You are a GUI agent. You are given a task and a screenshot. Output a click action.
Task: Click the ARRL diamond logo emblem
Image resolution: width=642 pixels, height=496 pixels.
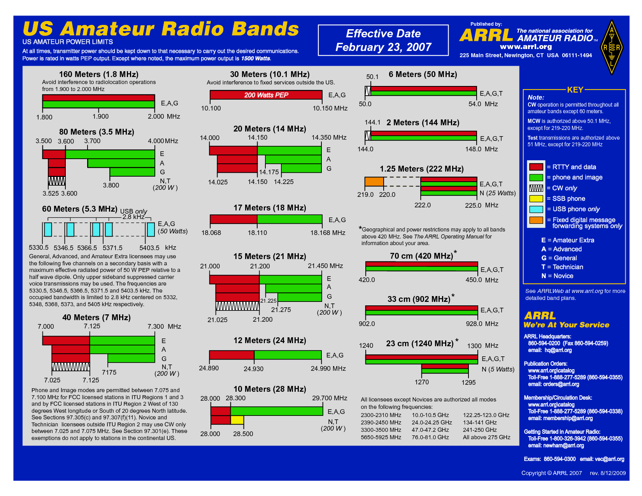[x=612, y=47]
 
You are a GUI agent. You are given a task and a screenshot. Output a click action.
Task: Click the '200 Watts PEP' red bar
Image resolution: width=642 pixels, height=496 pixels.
[x=266, y=95]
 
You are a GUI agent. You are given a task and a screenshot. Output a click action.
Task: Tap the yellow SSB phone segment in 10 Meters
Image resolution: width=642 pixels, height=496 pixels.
[x=237, y=420]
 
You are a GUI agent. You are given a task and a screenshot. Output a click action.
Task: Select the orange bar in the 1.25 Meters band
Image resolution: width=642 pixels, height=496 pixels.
[x=374, y=182]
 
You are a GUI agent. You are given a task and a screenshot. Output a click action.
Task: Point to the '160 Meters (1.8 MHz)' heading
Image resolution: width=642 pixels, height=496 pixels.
[x=98, y=74]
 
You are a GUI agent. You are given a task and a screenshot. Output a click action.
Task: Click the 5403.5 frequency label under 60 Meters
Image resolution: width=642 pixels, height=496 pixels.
[x=149, y=248]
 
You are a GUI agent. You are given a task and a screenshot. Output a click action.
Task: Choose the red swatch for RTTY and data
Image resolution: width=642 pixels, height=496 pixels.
[x=536, y=167]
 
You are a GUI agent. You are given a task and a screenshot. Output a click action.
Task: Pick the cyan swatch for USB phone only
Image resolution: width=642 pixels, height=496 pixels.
[x=536, y=209]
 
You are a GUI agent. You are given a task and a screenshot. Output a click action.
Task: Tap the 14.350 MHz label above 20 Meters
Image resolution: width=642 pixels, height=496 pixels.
[x=329, y=137]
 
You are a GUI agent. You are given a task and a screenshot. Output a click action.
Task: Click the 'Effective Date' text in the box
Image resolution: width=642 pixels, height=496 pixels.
[x=383, y=34]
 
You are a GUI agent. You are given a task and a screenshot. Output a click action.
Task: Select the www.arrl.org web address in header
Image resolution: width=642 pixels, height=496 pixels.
[x=526, y=47]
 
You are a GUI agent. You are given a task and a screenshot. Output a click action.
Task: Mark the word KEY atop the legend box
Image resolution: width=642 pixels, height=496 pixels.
[x=575, y=90]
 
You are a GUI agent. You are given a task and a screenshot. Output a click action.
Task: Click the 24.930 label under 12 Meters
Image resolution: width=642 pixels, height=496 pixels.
[x=253, y=369]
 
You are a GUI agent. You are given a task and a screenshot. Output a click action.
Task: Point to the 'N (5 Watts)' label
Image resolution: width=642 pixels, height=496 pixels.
[x=498, y=369]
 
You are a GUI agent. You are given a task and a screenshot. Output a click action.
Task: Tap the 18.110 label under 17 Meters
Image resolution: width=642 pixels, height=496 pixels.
[x=257, y=233]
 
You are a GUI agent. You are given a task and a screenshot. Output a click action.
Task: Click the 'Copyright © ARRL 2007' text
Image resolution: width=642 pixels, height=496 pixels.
[x=551, y=473]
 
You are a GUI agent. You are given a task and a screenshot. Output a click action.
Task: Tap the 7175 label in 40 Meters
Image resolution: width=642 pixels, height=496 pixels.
[x=109, y=372]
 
